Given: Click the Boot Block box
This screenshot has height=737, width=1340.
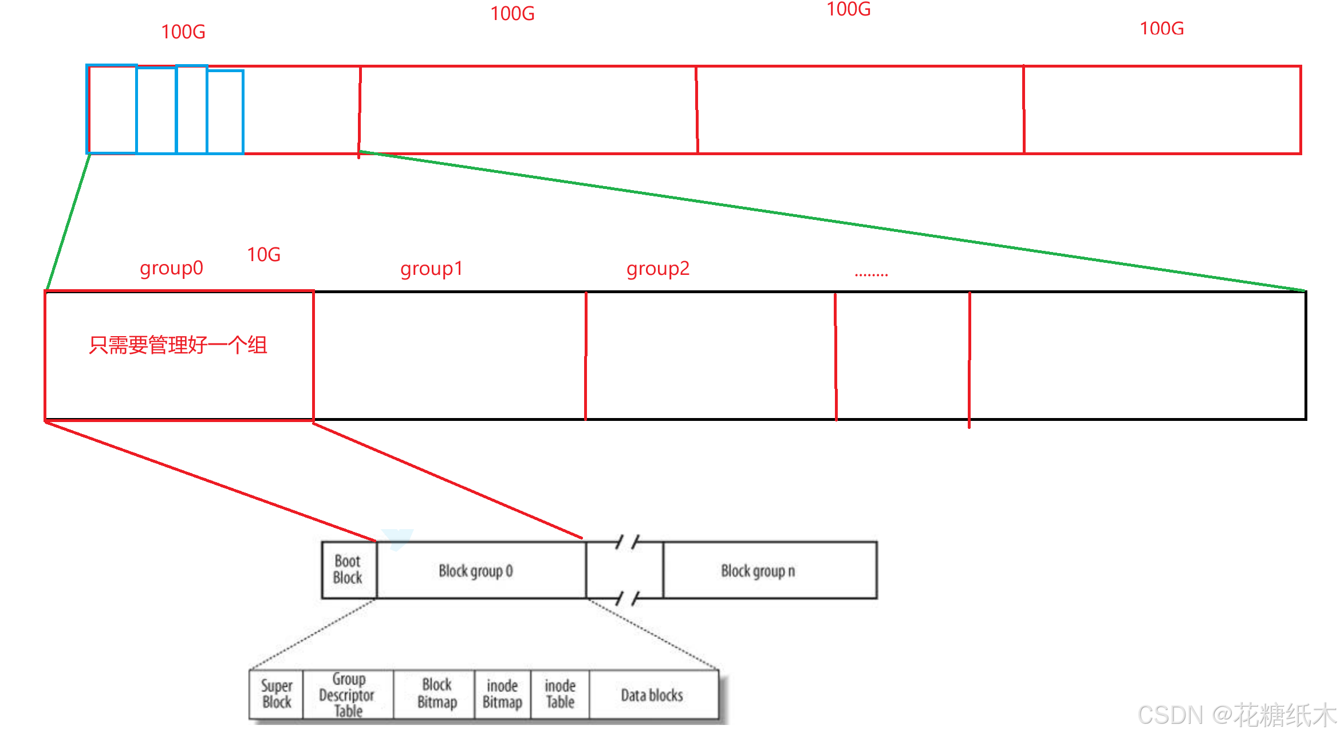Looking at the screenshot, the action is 349,570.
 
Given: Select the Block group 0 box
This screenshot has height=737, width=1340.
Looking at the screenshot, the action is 481,570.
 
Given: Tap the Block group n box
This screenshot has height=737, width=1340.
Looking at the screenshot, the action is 770,570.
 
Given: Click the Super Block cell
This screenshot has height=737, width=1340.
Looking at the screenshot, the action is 276,694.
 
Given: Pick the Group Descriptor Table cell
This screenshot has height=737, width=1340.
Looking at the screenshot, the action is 348,694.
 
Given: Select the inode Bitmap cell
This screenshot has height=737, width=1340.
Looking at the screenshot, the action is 503,694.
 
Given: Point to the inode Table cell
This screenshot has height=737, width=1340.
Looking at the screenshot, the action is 560,694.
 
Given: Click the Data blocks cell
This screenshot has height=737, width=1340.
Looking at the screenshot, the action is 653,694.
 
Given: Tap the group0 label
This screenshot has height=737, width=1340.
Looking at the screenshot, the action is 171,268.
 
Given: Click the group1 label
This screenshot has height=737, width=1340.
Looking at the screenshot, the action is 431,269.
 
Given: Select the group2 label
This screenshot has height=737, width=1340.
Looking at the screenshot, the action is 658,269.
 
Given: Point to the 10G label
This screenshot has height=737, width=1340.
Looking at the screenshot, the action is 263,254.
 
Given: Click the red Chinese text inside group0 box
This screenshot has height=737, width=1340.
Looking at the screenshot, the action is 178,345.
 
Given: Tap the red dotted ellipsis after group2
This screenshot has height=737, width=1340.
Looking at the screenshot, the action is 871,274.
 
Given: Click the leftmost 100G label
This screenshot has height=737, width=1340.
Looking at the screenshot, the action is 183,31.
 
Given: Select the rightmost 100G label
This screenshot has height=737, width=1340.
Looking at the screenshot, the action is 1161,28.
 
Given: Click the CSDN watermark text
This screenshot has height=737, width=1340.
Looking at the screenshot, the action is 1237,714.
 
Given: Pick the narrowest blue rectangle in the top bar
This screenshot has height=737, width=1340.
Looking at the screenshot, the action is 192,109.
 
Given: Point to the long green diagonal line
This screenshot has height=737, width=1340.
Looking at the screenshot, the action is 832,222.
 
